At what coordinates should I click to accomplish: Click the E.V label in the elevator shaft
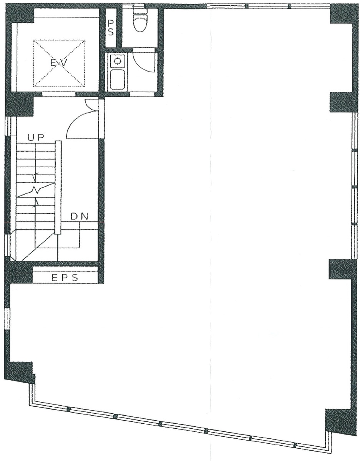59,63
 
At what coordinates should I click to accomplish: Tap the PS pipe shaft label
111,28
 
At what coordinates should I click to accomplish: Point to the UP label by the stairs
35,137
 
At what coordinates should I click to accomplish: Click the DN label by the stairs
80,216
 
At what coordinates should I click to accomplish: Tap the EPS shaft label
65,278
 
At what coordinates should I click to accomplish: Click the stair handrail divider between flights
58,187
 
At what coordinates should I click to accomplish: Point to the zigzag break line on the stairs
36,190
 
